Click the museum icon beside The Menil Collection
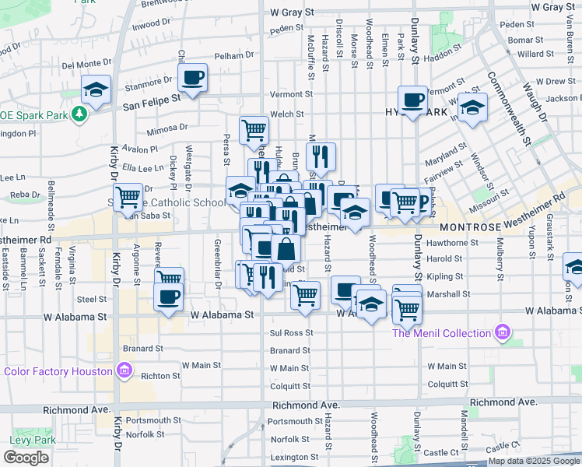tap(503, 333)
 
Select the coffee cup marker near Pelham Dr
tap(192, 78)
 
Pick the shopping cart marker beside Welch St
tap(254, 131)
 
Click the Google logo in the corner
tap(26, 458)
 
